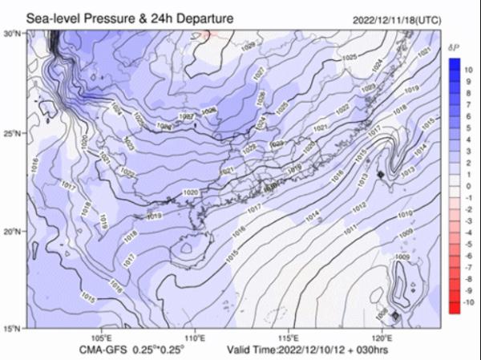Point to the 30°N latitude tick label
pos(13,34)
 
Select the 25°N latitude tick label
pos(13,132)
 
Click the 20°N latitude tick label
pos(13,231)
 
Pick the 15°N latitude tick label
pos(13,329)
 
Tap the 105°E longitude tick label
pos(103,338)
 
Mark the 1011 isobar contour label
pos(350,230)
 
